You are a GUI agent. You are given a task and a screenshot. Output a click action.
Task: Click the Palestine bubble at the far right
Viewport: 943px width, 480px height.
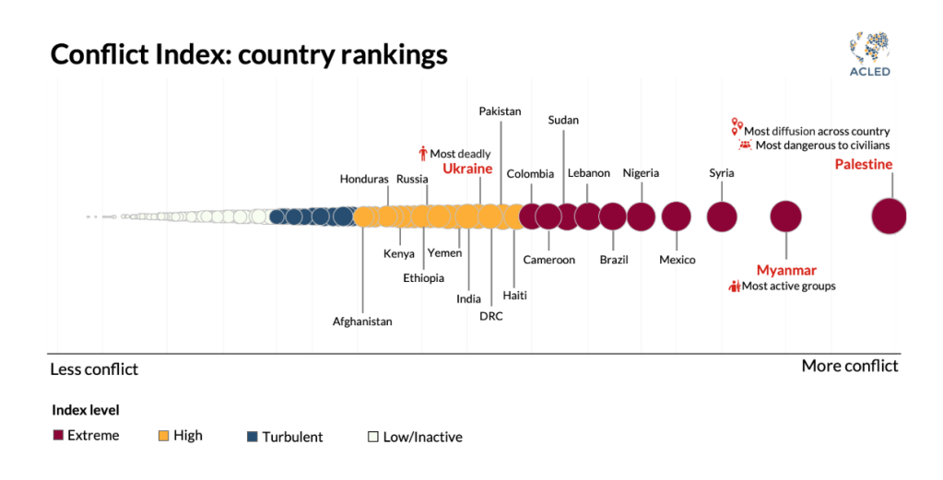[x=889, y=217]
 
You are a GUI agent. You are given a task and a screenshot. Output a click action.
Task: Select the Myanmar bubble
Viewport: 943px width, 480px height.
[x=785, y=217]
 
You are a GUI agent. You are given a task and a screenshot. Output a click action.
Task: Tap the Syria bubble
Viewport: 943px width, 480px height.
[x=722, y=217]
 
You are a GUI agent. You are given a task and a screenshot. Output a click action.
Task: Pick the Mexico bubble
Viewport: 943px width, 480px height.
[x=676, y=217]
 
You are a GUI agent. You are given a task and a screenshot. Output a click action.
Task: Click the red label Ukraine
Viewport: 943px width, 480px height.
[x=467, y=169]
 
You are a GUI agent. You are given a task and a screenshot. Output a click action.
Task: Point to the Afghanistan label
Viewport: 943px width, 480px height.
[x=362, y=322]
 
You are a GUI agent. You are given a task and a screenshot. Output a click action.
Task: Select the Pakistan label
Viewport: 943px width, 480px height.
[x=500, y=111]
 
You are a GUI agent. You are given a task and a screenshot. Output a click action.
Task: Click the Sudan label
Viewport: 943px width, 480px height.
[x=563, y=120]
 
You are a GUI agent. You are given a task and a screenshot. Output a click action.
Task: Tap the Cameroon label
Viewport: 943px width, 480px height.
[x=548, y=260]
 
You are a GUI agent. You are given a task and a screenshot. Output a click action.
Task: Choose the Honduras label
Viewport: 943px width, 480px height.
[x=364, y=179]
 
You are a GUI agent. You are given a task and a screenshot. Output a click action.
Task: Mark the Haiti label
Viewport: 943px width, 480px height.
[x=515, y=296]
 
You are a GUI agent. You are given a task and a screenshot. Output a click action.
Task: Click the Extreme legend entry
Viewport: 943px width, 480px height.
[x=87, y=435]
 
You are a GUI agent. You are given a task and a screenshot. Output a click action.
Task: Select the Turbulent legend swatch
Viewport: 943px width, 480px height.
[x=253, y=436]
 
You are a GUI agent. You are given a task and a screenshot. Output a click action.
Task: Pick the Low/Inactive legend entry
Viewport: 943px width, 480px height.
[x=416, y=437]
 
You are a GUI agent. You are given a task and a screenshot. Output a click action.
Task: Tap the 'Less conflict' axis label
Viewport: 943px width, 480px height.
[x=93, y=369]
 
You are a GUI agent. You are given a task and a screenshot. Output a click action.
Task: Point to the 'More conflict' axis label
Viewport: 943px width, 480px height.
[x=849, y=366]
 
